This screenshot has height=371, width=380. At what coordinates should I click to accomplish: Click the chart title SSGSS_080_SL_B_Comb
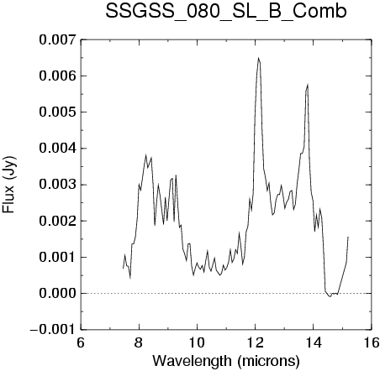226,12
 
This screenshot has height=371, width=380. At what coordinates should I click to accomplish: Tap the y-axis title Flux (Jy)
9,185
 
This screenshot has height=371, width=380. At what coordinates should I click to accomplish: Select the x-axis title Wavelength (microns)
226,361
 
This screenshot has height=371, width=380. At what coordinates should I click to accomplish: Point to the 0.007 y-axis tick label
57,39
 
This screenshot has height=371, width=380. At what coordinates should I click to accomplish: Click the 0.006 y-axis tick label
57,76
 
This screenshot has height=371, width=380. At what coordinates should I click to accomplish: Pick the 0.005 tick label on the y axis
57,112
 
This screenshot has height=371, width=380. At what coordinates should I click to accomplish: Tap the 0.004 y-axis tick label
57,149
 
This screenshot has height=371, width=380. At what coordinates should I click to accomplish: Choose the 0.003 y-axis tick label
57,185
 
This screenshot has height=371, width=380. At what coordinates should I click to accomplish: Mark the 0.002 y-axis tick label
57,221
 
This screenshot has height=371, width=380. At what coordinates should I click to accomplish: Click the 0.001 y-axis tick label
57,257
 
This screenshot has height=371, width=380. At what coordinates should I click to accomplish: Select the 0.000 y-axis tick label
57,294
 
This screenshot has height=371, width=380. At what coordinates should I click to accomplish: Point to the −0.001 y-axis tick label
53,330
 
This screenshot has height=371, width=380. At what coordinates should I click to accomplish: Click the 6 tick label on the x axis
81,342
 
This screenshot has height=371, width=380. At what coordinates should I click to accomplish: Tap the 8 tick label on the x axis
139,342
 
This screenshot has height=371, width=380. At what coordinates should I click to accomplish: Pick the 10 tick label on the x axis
197,342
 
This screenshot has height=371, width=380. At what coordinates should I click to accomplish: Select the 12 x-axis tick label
255,342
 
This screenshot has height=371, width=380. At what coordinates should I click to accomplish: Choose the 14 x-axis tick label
314,342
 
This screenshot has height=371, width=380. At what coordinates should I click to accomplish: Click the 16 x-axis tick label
371,342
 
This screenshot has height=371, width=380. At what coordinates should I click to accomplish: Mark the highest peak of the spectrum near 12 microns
258,58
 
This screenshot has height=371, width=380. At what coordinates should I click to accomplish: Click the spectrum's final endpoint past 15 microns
348,237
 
